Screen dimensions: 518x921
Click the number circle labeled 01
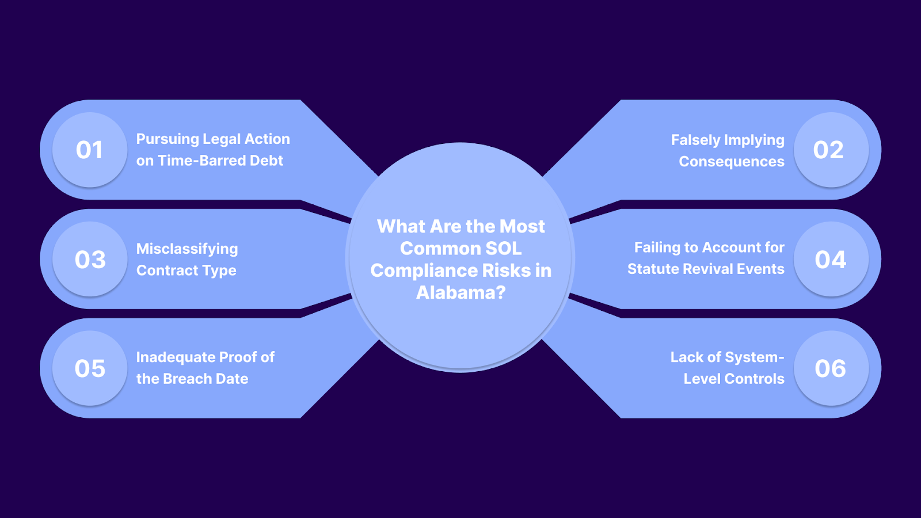[x=90, y=150]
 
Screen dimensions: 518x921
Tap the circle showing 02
[x=831, y=150]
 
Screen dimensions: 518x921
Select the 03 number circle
[x=90, y=259]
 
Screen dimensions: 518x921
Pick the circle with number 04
[x=831, y=259]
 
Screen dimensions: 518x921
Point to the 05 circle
[x=90, y=368]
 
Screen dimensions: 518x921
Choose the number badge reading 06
[x=831, y=368]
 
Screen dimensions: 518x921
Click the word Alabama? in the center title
[x=461, y=292]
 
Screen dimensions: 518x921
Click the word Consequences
[x=732, y=162]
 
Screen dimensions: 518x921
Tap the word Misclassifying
[x=187, y=249]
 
